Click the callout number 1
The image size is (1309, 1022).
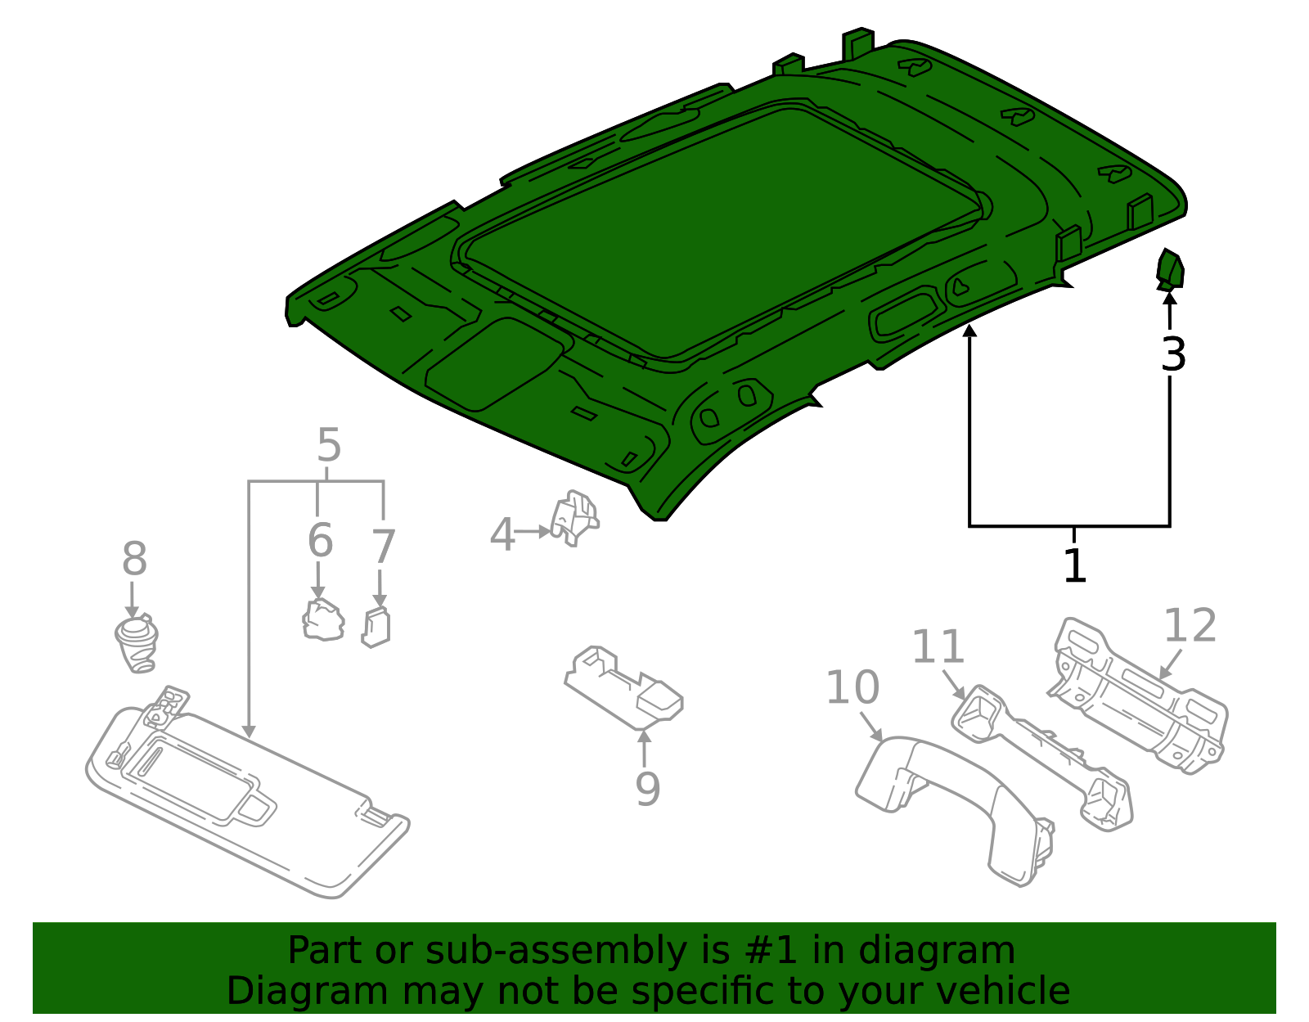click(x=1074, y=566)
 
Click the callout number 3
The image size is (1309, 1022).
click(x=1172, y=355)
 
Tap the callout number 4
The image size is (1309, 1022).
click(x=502, y=535)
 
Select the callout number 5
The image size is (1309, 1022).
click(x=328, y=446)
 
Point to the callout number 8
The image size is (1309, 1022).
click(x=134, y=560)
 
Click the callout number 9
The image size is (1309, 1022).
click(x=647, y=789)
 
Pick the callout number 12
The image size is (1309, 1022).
click(x=1190, y=626)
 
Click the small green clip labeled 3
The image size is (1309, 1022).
click(x=1170, y=271)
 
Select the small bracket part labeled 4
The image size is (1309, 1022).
click(x=575, y=517)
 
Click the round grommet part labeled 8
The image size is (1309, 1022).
click(x=136, y=643)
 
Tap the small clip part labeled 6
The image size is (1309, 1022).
click(x=323, y=620)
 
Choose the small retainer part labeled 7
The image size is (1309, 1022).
click(x=376, y=628)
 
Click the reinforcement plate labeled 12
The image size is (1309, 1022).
click(x=1137, y=696)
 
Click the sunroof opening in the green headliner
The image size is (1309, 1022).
click(x=720, y=229)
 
